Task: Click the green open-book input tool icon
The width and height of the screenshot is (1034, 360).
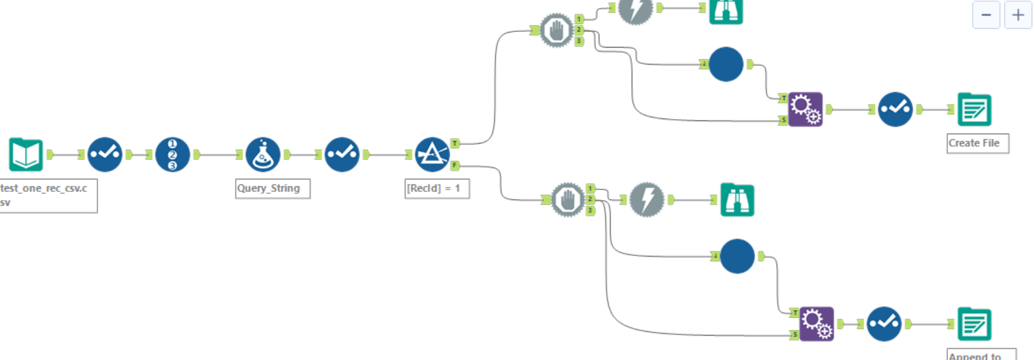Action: click(26, 154)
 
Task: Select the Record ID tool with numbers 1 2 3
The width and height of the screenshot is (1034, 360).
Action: click(173, 154)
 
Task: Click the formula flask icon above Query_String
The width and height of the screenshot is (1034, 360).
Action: click(263, 154)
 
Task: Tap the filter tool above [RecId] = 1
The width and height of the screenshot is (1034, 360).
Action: click(432, 154)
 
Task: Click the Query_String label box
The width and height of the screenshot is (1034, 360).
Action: click(272, 188)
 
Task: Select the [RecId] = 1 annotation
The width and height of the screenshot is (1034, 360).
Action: click(437, 188)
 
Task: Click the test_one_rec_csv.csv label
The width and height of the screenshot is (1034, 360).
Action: click(48, 195)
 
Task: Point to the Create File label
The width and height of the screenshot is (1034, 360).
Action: click(977, 143)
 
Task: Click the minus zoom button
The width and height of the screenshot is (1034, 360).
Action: click(986, 15)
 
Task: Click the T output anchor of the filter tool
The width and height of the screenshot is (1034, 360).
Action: click(455, 144)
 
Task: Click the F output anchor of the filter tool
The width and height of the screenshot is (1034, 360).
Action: click(455, 166)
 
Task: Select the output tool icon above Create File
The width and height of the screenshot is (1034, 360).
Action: click(974, 110)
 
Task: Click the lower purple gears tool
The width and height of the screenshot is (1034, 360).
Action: click(816, 324)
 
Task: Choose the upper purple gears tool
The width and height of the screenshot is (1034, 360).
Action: click(805, 110)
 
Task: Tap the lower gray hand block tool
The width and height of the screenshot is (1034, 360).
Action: click(568, 200)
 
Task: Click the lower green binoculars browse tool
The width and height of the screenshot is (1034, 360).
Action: click(737, 200)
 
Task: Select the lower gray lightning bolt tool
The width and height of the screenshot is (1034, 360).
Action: click(647, 200)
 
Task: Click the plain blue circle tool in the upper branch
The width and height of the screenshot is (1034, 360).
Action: click(726, 64)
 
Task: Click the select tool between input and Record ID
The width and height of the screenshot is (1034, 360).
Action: click(105, 154)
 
